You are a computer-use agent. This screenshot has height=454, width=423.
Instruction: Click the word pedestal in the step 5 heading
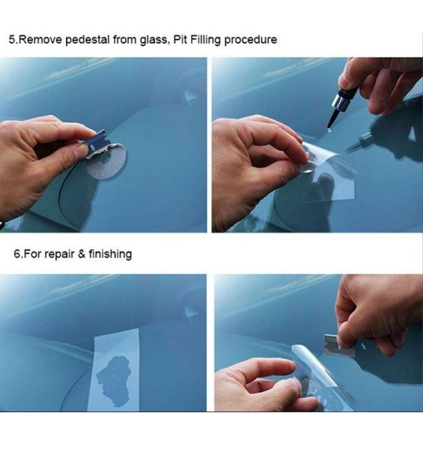(x=87, y=40)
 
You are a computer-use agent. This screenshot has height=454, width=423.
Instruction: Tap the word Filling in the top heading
(x=205, y=40)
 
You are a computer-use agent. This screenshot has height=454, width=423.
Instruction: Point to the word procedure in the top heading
(x=250, y=40)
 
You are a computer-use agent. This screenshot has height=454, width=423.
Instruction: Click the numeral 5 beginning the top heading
(x=11, y=40)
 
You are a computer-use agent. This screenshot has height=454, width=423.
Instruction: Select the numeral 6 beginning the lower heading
(x=17, y=254)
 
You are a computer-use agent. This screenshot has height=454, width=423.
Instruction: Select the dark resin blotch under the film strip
(x=114, y=381)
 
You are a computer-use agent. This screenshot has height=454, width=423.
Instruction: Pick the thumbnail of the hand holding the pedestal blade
(x=80, y=150)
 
